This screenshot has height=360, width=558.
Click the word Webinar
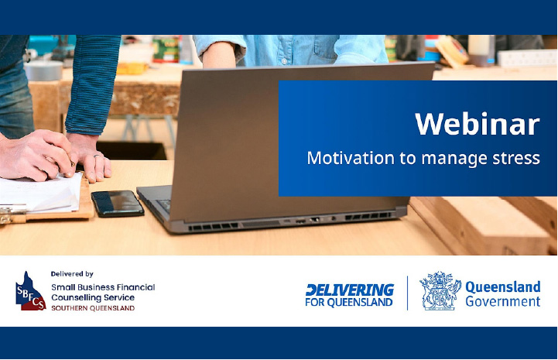click(x=478, y=124)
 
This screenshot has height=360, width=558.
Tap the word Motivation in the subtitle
click(x=351, y=158)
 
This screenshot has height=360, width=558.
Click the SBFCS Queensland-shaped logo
click(x=30, y=291)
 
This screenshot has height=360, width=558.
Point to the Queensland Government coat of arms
click(x=440, y=290)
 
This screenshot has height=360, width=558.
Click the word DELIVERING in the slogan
click(x=350, y=290)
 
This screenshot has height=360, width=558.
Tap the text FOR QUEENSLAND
click(x=349, y=302)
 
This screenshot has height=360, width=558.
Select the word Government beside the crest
click(x=503, y=302)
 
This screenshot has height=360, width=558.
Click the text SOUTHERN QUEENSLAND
click(x=93, y=308)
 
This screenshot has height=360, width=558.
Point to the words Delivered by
click(x=72, y=274)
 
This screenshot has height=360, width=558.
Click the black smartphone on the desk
click(x=118, y=204)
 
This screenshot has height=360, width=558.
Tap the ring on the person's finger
click(x=98, y=156)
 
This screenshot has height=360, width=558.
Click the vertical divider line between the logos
click(x=407, y=293)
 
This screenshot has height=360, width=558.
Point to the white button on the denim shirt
click(x=283, y=61)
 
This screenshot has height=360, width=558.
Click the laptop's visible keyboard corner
click(x=163, y=206)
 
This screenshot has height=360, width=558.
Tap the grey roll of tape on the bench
click(x=43, y=70)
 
